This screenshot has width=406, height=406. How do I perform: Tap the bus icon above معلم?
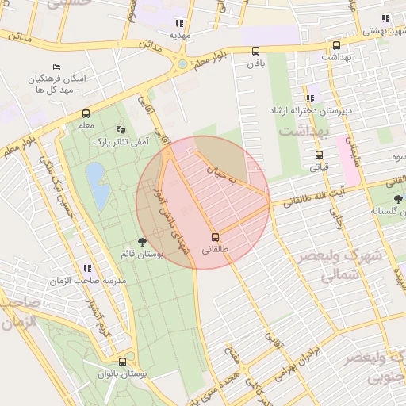click(x=86, y=113)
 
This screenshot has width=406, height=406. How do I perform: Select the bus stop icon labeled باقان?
click(x=255, y=52)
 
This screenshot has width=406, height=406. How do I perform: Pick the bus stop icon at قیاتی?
click(x=319, y=155)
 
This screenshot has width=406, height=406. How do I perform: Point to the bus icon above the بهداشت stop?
click(x=336, y=45)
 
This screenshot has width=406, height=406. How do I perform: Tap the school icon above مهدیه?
click(x=180, y=23)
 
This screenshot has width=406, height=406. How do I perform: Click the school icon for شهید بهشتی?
click(x=386, y=19)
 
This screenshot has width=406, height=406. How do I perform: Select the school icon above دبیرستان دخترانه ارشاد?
click(x=310, y=97)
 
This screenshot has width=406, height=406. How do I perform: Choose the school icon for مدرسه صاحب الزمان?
click(x=86, y=269)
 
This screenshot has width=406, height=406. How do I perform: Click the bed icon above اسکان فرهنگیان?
click(x=56, y=67)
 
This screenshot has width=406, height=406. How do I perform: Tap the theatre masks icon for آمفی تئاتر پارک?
click(x=121, y=128)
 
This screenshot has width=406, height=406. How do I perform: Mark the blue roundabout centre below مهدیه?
click(x=182, y=63)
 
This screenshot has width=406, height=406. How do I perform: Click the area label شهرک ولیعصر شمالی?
click(x=331, y=266)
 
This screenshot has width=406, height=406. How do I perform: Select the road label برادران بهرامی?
click(x=293, y=362)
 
